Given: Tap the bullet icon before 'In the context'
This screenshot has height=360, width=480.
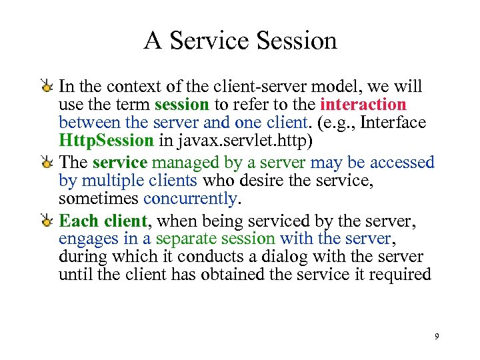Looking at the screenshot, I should point(47,87).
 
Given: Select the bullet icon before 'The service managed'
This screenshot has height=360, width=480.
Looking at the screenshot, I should point(47,163).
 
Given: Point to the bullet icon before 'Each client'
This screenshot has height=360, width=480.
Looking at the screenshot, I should point(47,221).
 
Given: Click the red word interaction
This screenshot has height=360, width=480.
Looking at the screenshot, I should point(363,105).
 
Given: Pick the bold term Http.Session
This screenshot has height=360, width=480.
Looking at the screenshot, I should point(106,141).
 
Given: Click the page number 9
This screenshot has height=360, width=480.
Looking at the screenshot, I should point(437,337).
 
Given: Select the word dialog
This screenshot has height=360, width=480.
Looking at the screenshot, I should point(283,257).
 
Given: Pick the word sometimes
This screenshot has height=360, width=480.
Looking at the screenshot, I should point(99,199).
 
